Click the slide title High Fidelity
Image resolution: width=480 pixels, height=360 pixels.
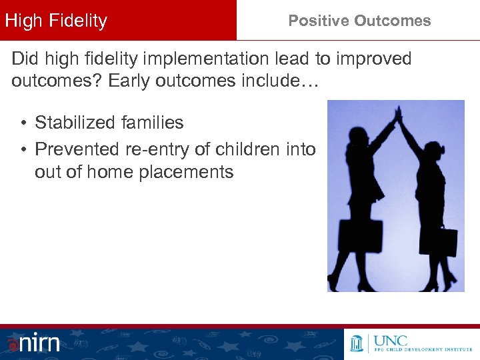point(56,21)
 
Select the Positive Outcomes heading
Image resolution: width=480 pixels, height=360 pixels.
point(359,21)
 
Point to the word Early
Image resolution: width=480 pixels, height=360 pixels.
point(129,82)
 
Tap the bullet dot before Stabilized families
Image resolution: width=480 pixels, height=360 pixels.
point(23,123)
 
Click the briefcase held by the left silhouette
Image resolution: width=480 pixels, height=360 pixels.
point(361,235)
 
